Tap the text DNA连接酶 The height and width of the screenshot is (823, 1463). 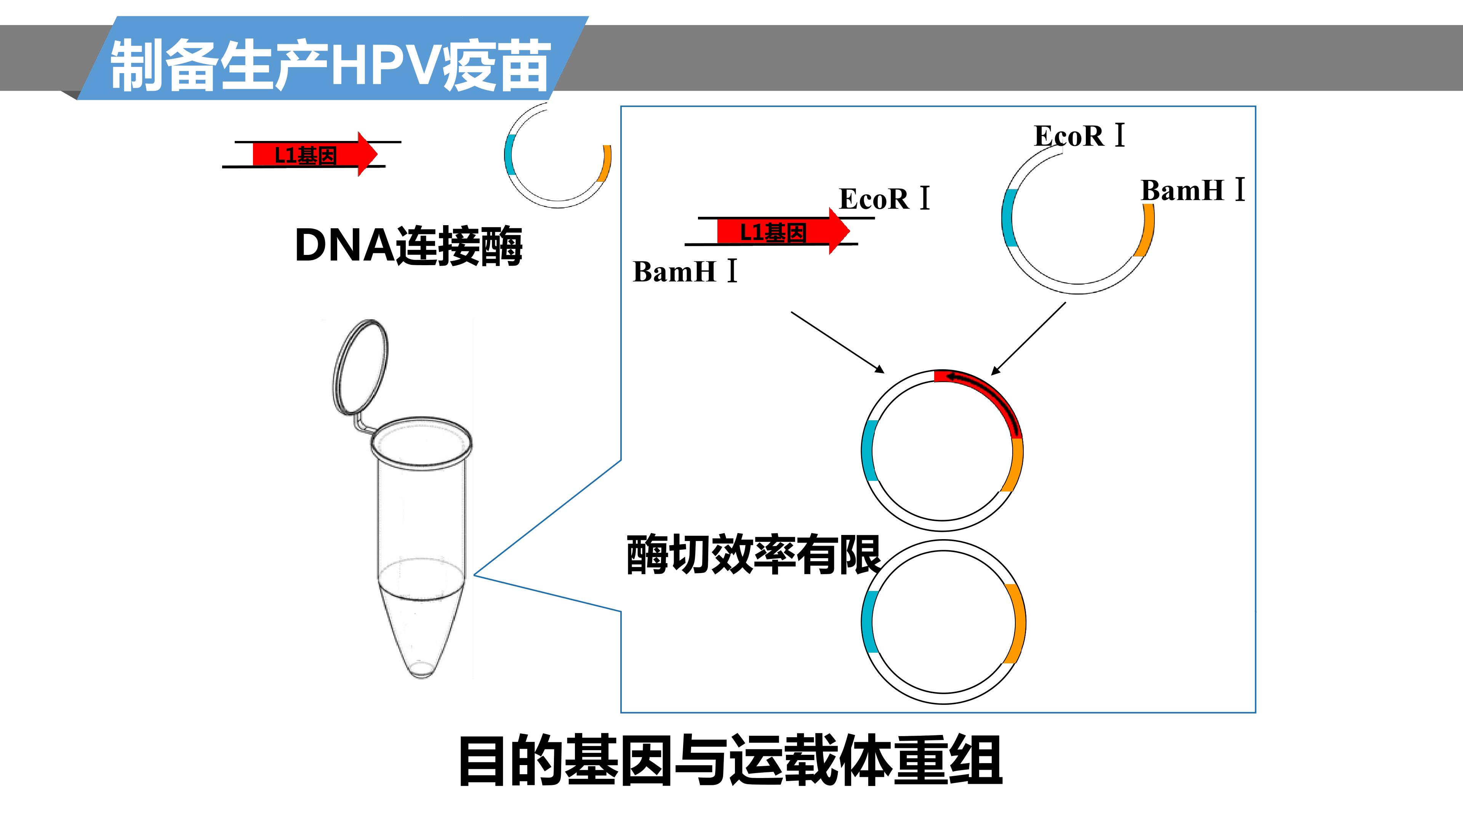pos(408,246)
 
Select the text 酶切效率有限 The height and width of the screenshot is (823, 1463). pos(753,554)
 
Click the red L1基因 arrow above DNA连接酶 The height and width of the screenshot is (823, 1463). pos(315,154)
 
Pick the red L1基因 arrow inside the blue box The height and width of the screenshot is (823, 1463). pos(783,232)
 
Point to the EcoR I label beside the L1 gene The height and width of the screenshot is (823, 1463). pos(885,199)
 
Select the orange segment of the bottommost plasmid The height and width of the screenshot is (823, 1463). pos(1018,623)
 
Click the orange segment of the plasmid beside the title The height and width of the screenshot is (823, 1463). pos(605,163)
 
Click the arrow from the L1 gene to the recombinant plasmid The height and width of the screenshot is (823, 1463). pos(838,342)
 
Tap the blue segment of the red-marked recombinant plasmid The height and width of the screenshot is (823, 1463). pos(868,452)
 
